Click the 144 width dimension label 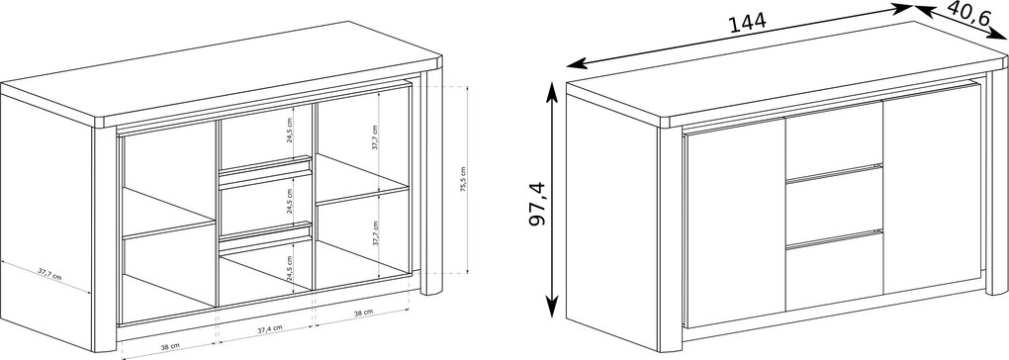point(747,23)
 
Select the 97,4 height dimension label point(537,204)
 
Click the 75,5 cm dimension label point(464,179)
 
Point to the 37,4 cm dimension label point(269,328)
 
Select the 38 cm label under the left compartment point(169,346)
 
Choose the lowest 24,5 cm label point(290,269)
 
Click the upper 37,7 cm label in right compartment point(375,137)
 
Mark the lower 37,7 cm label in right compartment point(375,234)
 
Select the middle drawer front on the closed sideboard point(834,206)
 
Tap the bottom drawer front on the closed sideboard point(834,271)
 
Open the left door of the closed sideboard point(735,223)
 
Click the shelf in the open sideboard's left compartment point(168,213)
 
